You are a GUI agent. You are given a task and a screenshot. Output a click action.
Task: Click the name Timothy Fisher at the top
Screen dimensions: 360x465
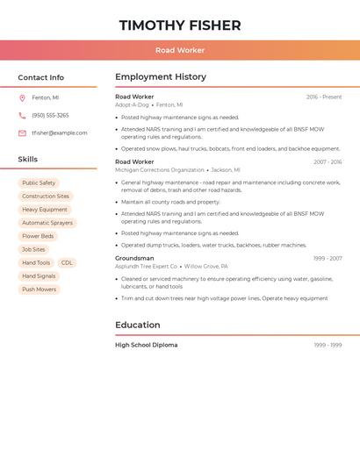180,25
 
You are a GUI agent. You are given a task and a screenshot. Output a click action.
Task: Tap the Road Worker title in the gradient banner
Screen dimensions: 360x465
180,50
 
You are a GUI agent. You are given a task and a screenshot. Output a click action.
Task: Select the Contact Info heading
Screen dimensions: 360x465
41,77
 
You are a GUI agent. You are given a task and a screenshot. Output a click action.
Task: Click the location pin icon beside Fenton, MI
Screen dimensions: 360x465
22,97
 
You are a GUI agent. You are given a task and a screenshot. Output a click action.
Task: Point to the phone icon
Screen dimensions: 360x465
22,115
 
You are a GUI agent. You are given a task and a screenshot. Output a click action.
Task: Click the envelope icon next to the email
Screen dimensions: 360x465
22,133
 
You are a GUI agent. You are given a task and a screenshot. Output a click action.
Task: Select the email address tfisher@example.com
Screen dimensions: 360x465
60,133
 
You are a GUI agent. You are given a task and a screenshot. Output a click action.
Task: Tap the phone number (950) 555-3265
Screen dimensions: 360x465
50,115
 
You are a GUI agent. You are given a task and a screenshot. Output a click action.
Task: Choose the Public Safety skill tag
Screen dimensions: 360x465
39,183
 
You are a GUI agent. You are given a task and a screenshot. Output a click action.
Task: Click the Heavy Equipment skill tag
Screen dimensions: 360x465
45,210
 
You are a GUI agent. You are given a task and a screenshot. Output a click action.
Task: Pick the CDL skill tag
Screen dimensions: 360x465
67,262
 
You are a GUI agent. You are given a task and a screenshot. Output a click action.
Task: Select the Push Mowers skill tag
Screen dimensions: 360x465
40,290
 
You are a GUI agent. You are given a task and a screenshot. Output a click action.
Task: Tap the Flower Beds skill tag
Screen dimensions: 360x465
38,236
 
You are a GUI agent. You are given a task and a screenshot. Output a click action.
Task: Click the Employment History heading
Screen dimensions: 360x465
161,77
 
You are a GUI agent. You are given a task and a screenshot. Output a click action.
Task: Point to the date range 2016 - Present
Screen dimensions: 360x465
324,97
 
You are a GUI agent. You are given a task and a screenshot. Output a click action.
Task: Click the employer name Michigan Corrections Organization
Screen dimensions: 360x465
160,170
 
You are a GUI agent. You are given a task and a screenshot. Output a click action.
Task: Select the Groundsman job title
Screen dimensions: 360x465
134,258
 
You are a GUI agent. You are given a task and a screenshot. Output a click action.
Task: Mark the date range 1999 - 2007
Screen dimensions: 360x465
328,258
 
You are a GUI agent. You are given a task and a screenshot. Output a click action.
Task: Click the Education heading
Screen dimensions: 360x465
138,325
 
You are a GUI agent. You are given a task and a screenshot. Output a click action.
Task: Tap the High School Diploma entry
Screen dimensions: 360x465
147,345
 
